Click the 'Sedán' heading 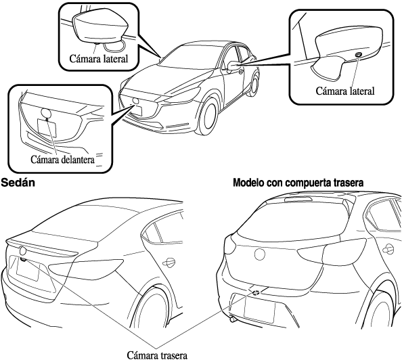[x=18, y=183]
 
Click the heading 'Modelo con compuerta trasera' [x=298, y=183]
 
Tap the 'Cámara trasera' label [x=157, y=355]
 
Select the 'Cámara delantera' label [x=62, y=160]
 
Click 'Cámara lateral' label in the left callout [x=98, y=59]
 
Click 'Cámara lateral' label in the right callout [x=345, y=91]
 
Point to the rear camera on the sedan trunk [x=23, y=259]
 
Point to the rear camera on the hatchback [x=256, y=292]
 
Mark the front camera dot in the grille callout [x=47, y=119]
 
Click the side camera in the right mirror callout [x=358, y=55]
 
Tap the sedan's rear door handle [x=169, y=262]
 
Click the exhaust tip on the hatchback [x=233, y=319]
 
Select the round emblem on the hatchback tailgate [x=259, y=254]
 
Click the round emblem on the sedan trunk [x=23, y=250]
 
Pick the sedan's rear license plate [x=28, y=269]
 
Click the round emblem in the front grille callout [x=46, y=113]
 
